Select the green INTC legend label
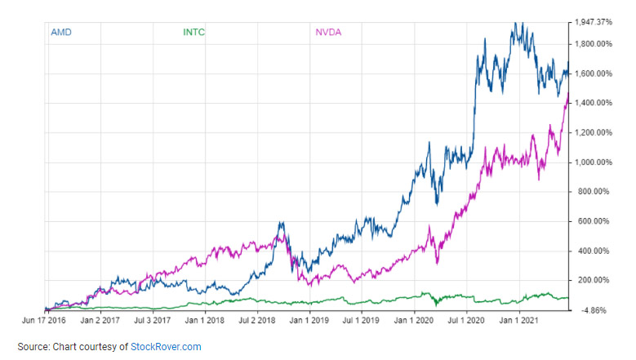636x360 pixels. pyautogui.click(x=193, y=33)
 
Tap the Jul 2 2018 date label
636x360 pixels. pyautogui.click(x=256, y=321)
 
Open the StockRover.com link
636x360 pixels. pyautogui.click(x=166, y=347)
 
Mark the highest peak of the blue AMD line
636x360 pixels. pyautogui.click(x=515, y=22)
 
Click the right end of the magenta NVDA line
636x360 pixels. pyautogui.click(x=568, y=92)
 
